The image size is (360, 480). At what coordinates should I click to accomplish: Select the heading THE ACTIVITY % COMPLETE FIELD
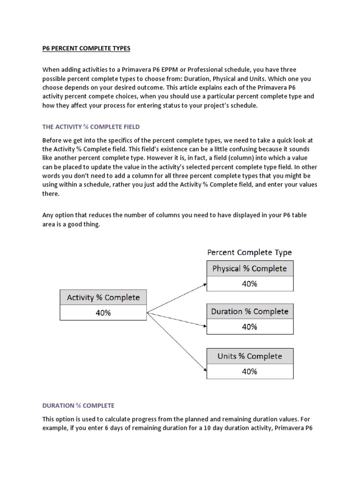pos(91,127)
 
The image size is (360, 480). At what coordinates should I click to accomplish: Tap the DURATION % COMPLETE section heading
pos(78,405)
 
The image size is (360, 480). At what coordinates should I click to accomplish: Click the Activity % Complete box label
pos(103,298)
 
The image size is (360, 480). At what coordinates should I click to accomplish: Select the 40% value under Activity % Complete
pos(103,313)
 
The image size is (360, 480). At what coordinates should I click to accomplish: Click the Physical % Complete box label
pos(250,269)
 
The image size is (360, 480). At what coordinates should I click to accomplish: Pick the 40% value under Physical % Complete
pos(250,284)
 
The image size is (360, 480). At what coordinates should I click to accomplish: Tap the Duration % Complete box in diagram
pos(250,312)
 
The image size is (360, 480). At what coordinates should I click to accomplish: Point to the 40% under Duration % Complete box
pos(250,327)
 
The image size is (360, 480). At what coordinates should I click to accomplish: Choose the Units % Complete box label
pos(250,356)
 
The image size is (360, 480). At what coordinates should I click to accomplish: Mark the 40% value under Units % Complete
pos(250,371)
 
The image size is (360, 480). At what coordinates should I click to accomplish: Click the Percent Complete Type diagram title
pos(249,253)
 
